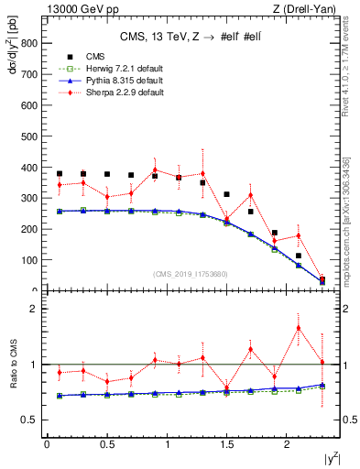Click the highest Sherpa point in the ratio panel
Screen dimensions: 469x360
299,328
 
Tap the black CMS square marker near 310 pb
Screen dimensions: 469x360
226,194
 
